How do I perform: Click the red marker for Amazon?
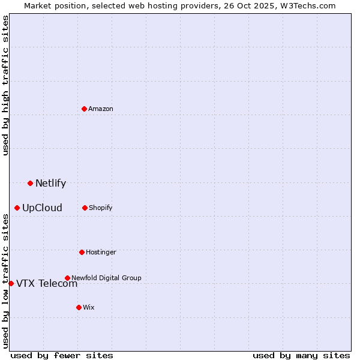click(84, 109)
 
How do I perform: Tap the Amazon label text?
click(101, 109)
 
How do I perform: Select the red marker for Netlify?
click(30, 183)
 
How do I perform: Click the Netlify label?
click(50, 184)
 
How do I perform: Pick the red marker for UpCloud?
click(17, 208)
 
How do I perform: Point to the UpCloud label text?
click(42, 208)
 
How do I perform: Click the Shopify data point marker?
click(85, 208)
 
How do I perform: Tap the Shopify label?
click(101, 208)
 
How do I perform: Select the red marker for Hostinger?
click(82, 252)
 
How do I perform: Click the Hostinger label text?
click(101, 252)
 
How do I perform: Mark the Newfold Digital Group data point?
click(67, 278)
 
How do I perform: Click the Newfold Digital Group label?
click(106, 278)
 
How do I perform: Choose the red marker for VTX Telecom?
click(11, 283)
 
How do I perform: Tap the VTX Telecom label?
click(47, 284)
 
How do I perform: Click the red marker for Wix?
click(79, 307)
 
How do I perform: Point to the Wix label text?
click(89, 307)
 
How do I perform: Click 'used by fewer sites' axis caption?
click(62, 355)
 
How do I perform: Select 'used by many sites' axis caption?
click(301, 355)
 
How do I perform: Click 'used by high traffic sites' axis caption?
click(6, 85)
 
